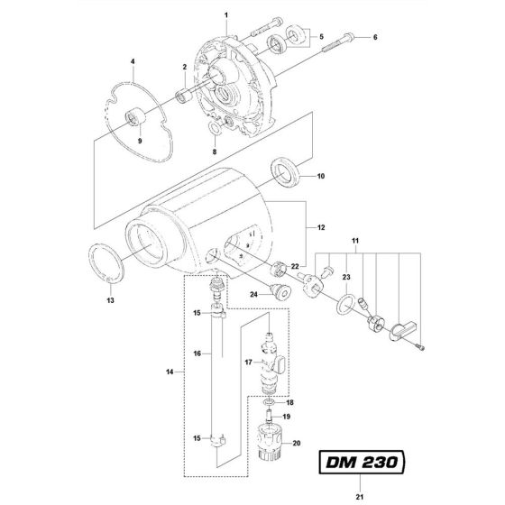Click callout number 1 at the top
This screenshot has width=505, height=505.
227,14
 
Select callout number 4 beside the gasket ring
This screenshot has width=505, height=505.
132,62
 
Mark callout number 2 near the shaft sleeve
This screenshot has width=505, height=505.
184,69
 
